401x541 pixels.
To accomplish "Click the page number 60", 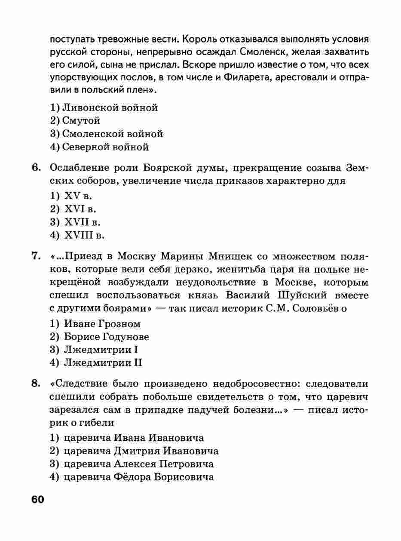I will pyautogui.click(x=37, y=500).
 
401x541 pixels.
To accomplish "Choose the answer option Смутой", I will pyautogui.click(x=75, y=121).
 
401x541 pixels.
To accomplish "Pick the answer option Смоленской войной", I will pyautogui.click(x=107, y=134).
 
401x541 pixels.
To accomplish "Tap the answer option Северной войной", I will pyautogui.click(x=100, y=147).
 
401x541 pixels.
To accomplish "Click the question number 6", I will pyautogui.click(x=36, y=168).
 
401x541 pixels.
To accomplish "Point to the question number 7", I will pyautogui.click(x=36, y=257).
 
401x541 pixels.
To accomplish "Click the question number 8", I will pyautogui.click(x=36, y=383).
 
